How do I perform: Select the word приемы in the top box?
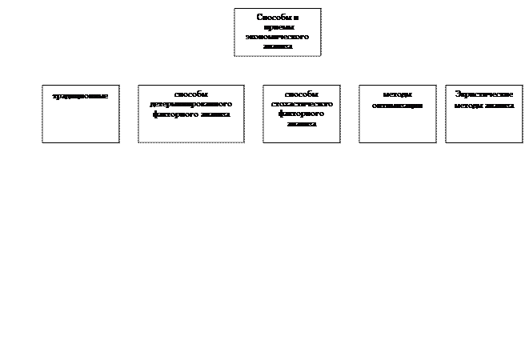pos(277,27)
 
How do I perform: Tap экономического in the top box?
pos(277,37)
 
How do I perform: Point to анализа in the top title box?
pos(277,46)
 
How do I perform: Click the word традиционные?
pos(81,96)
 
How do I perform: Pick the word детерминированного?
pos(190,105)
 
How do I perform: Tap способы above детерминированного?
pos(190,95)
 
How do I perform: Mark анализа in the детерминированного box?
pos(216,114)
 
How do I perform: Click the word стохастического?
pos(302,105)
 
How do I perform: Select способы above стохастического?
pos(302,95)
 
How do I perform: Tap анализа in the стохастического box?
pos(302,124)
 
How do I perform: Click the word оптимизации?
pos(397,105)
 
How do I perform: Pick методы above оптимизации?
pos(397,95)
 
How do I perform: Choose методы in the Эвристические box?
pos(466,105)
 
